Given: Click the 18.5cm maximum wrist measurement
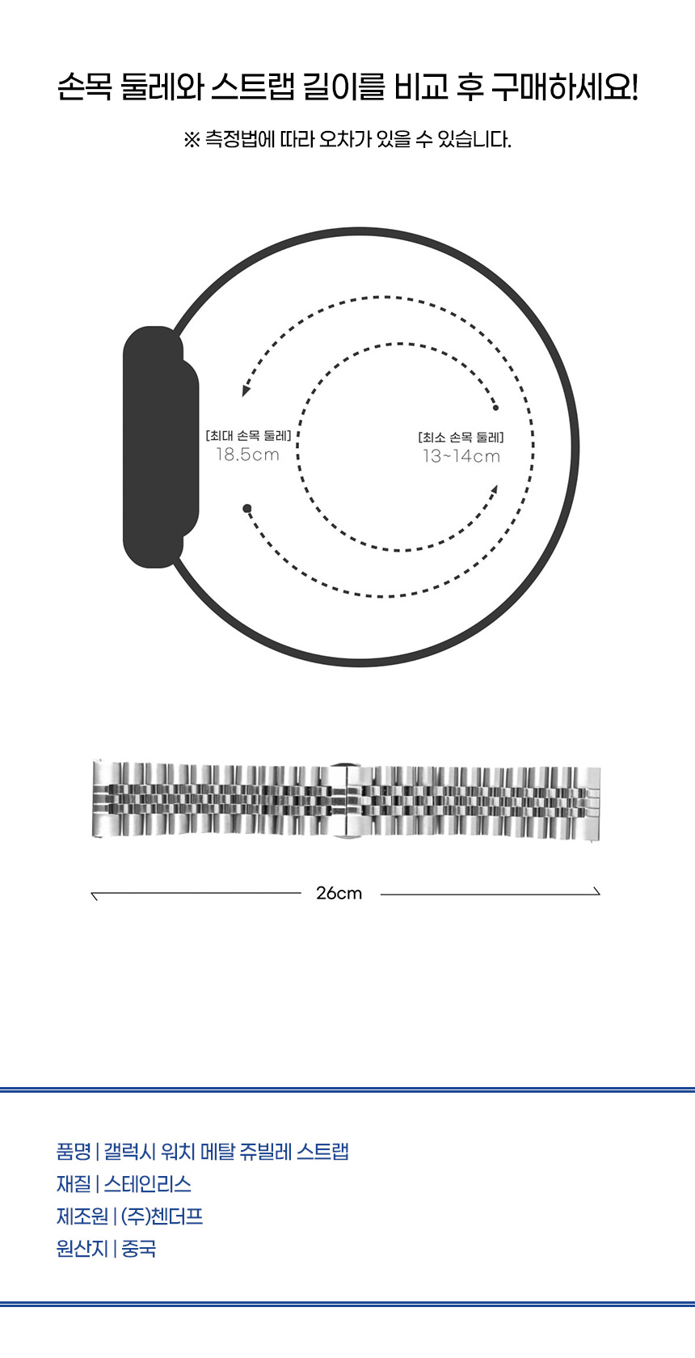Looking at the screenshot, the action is [248, 454].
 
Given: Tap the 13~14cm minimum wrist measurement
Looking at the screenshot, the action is [461, 456].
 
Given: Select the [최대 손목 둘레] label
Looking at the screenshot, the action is [248, 435].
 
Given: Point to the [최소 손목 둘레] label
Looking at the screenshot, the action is [461, 437].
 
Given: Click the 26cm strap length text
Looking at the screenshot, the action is [339, 893].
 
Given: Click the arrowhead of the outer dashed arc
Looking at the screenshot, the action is [246, 390].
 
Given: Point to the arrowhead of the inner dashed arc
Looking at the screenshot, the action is [495, 490].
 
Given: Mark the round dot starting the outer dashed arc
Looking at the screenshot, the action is [247, 508].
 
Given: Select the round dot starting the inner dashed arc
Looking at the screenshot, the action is [495, 408].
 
